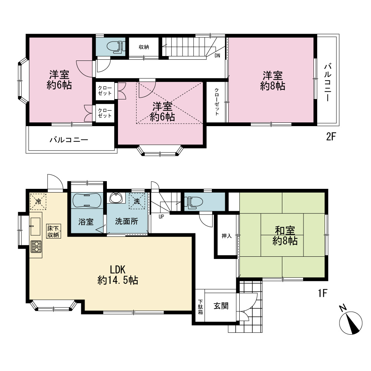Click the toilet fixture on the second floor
pos(116,46)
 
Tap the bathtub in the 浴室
pos(87,200)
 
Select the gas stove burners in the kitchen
pos(36,247)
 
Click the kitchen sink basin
pos(35,226)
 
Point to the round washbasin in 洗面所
pos(116,198)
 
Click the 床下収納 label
pos(53,232)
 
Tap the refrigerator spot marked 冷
pos(38,202)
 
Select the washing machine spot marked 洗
pos(137,201)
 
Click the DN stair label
pos(217,56)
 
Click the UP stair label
pos(161,217)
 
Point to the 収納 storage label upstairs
pos(144,47)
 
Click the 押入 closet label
pos(226,236)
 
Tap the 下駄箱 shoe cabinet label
pos(200,307)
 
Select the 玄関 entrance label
pos(221,306)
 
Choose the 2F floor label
pos(331,137)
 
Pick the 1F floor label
pos(322,293)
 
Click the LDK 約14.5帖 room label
pos(118,275)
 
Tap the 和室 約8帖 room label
pos(285,236)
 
